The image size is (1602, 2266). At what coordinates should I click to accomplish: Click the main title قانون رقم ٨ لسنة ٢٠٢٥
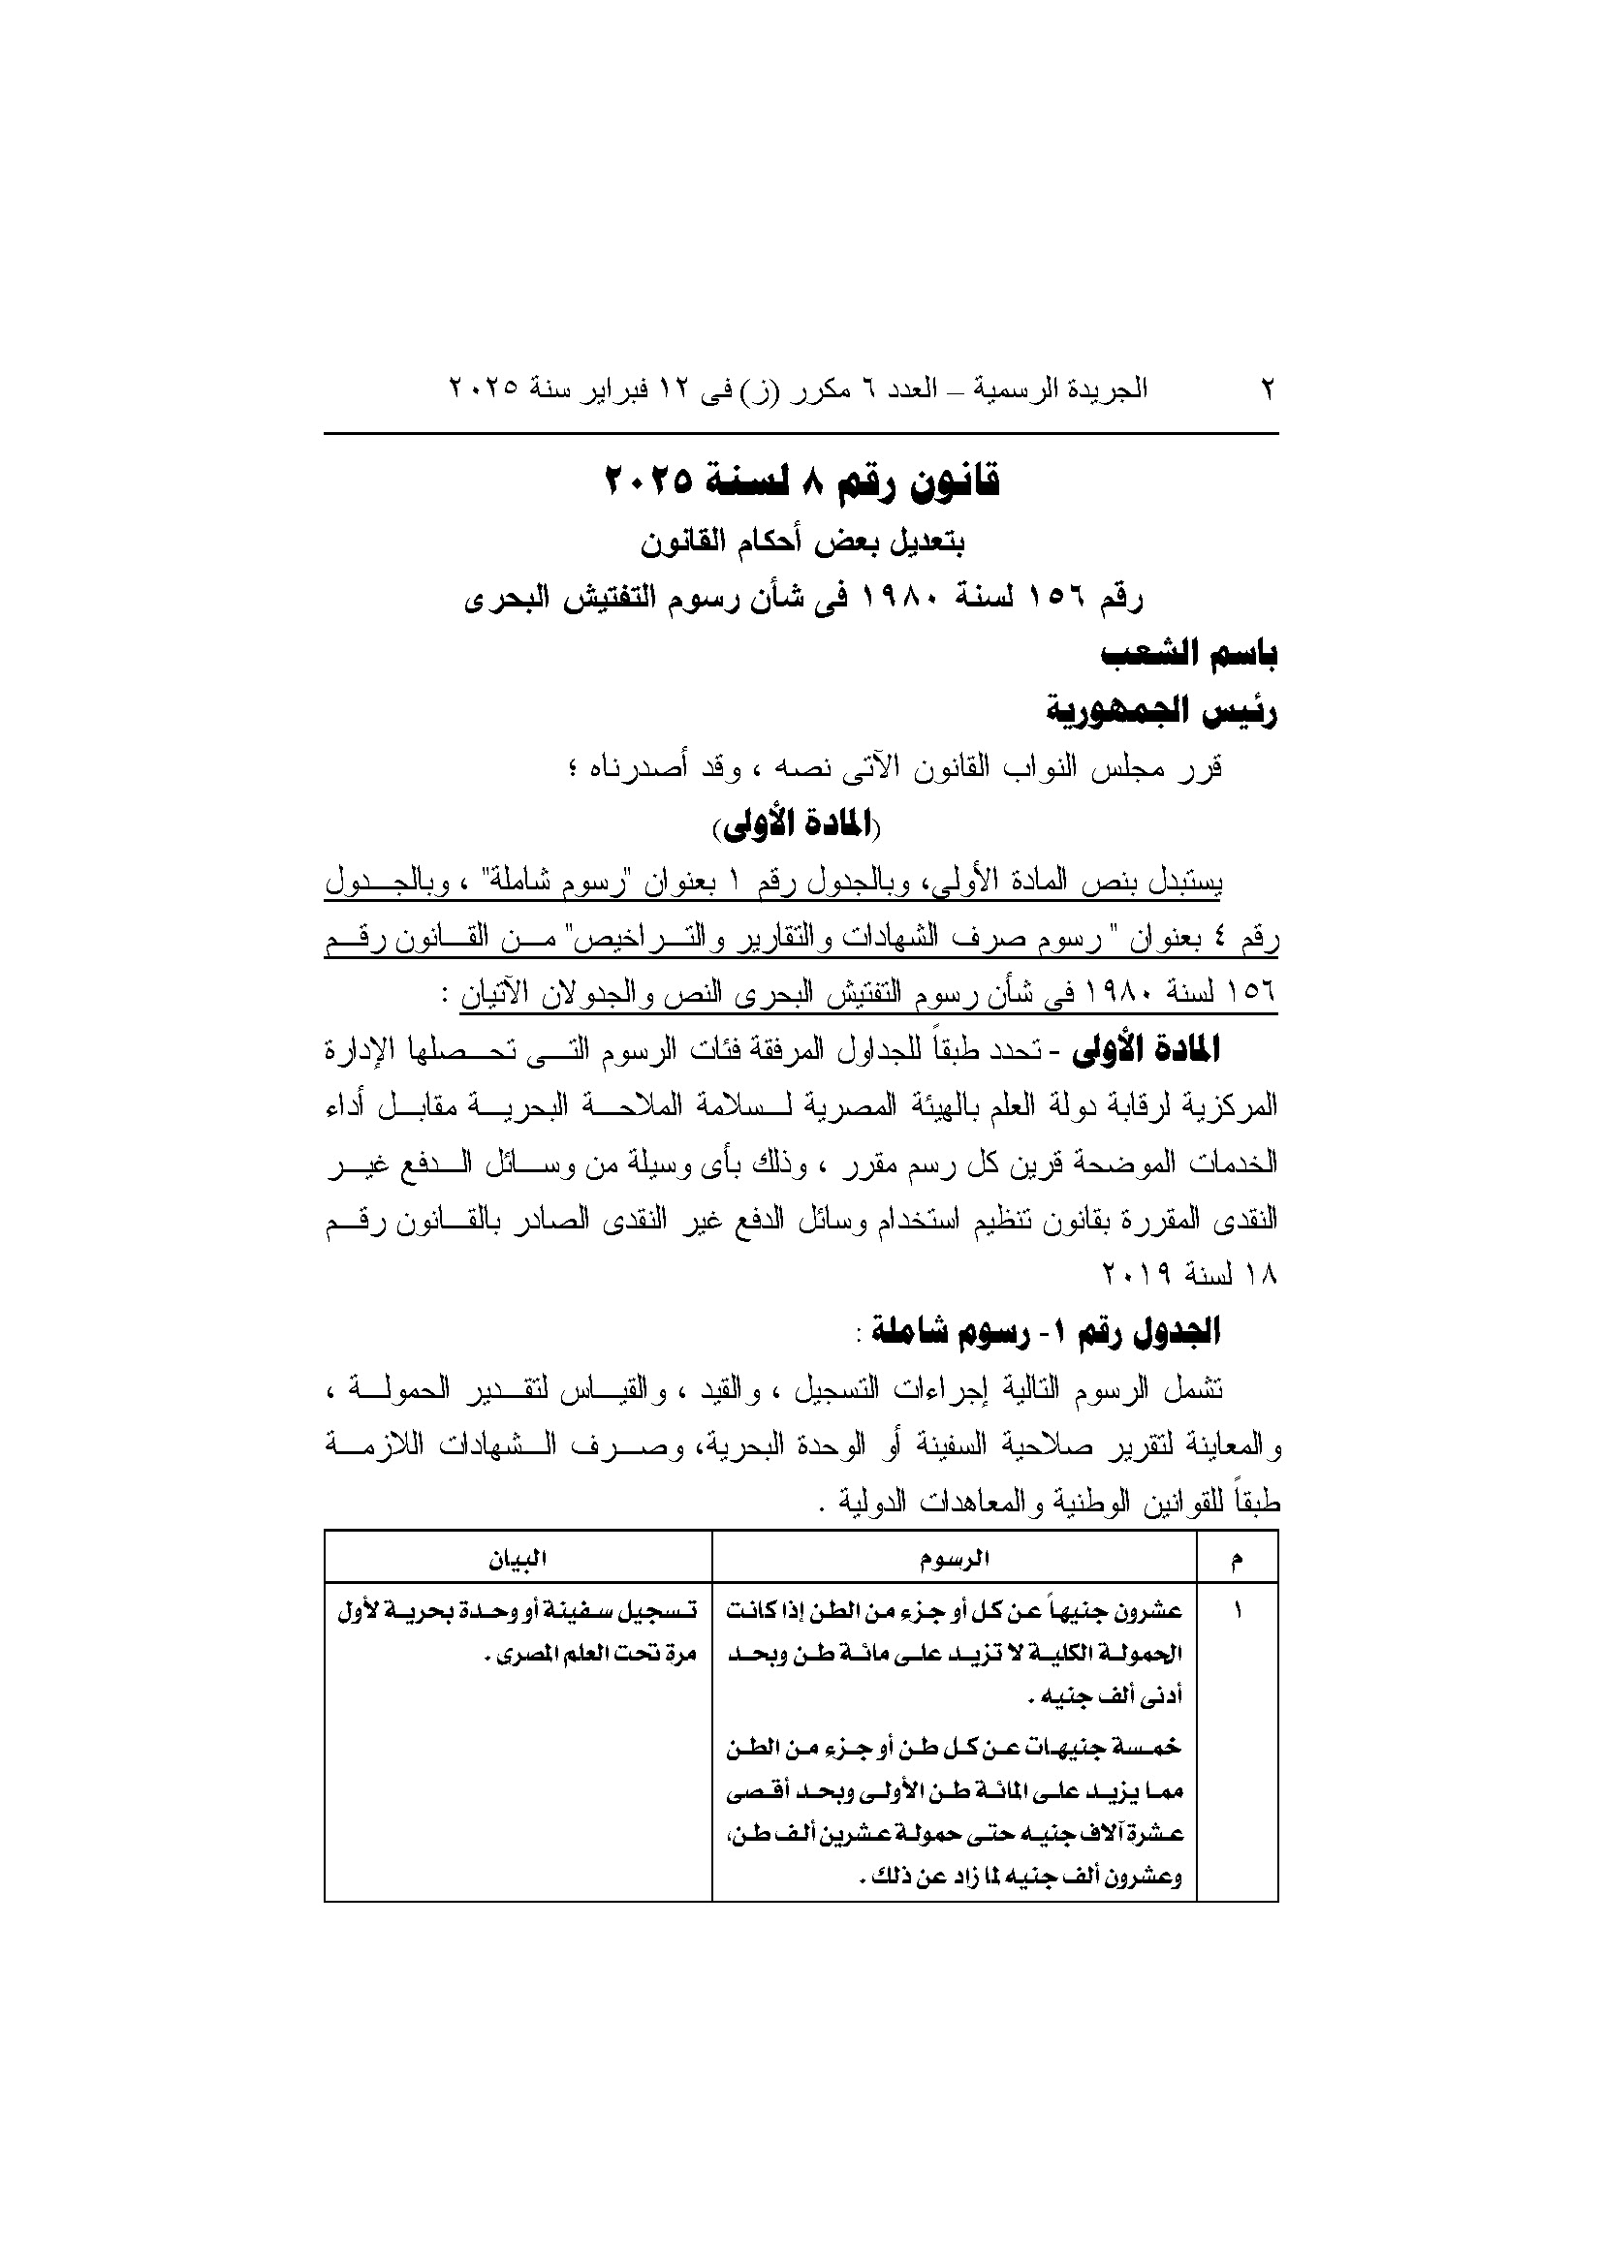(x=801, y=482)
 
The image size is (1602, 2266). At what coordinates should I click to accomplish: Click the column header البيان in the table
(x=518, y=1559)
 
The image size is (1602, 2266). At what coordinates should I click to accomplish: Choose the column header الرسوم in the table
(x=954, y=1559)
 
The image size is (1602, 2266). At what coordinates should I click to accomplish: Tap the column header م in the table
(x=1237, y=1559)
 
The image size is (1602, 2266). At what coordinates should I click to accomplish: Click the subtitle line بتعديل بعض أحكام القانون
(x=801, y=542)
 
